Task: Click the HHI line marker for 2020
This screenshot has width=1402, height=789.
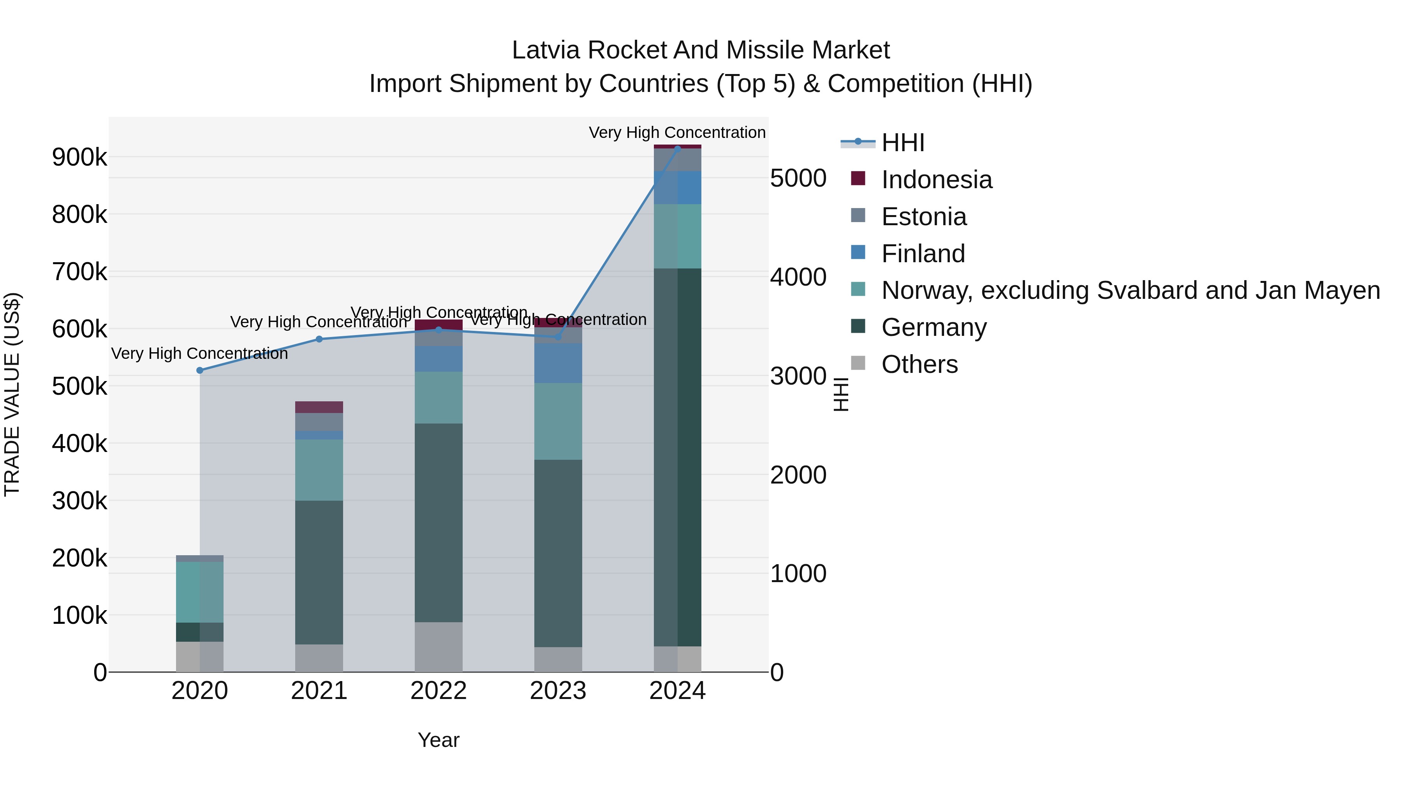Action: click(x=200, y=370)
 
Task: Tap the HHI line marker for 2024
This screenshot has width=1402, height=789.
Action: click(x=678, y=148)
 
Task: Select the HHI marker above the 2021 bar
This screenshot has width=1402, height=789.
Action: click(x=319, y=339)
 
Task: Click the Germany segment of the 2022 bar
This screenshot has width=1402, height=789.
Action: click(x=439, y=523)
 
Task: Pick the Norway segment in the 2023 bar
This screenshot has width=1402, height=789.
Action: click(x=558, y=422)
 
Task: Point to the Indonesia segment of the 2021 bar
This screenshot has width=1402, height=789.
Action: click(x=319, y=407)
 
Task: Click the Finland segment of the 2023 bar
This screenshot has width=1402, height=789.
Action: click(x=558, y=363)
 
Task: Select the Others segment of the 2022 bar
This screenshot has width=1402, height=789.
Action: click(x=439, y=647)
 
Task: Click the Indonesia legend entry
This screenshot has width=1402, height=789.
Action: click(x=936, y=180)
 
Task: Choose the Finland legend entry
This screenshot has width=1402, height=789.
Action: click(x=923, y=254)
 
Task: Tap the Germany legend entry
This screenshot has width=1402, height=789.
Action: click(x=934, y=327)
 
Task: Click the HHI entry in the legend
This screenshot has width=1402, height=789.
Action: click(x=902, y=143)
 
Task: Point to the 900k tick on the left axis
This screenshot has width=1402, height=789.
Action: click(x=79, y=157)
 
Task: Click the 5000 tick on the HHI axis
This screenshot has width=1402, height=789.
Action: click(x=798, y=178)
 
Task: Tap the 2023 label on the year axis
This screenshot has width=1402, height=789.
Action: click(x=558, y=691)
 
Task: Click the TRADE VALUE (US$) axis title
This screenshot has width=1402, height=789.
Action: click(x=12, y=394)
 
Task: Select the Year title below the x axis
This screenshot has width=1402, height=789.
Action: click(x=439, y=740)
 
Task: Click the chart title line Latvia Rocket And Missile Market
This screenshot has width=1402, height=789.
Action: click(x=701, y=50)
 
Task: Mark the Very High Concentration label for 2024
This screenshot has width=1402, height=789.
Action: click(x=677, y=132)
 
